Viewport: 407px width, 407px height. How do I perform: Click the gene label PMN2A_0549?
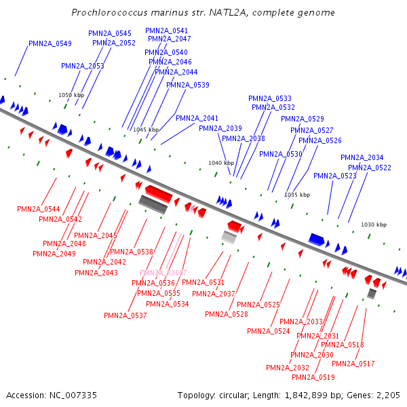50,43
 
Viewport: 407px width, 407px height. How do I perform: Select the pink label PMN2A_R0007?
163,273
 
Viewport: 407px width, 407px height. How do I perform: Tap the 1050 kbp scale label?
71,96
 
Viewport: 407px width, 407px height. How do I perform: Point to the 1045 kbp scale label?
146,130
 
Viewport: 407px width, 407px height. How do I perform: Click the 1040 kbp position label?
220,163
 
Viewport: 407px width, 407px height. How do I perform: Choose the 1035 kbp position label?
297,195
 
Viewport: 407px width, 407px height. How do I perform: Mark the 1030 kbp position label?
374,225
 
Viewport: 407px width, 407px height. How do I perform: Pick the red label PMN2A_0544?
39,209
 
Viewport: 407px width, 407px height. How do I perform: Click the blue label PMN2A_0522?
370,168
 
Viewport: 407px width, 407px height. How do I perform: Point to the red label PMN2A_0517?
353,364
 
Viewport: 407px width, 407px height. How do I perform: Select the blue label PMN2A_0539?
188,85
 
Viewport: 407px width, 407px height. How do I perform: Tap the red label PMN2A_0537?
125,315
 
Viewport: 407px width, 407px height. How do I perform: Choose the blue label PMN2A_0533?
270,98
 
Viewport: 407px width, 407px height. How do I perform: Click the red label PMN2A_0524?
269,331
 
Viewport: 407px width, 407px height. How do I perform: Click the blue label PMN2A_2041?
197,118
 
